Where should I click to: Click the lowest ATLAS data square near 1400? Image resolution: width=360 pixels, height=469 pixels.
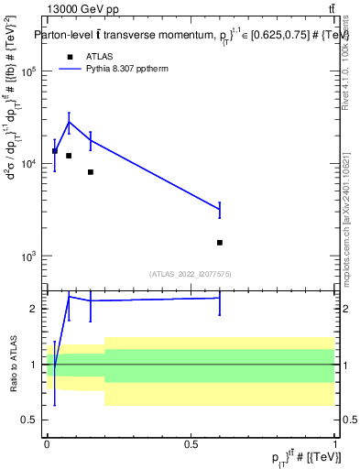(220, 243)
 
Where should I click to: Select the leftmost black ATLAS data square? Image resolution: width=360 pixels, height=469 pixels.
(55, 151)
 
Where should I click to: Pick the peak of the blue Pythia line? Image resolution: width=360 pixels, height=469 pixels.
(69, 122)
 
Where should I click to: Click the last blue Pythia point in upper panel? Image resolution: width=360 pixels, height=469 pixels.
(220, 210)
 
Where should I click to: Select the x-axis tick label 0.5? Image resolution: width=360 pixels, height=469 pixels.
(191, 443)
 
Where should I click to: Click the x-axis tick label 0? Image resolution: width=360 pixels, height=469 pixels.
(47, 443)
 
